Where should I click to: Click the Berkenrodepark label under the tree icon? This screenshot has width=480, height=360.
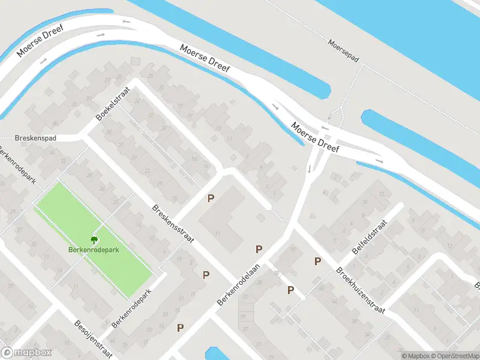pyautogui.click(x=93, y=250)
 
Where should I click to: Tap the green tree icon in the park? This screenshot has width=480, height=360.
pyautogui.click(x=93, y=239)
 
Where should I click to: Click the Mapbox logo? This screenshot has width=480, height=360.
pyautogui.click(x=26, y=353)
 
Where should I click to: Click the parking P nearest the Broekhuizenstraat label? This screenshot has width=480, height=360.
pyautogui.click(x=317, y=261)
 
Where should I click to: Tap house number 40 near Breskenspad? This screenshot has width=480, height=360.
pyautogui.click(x=55, y=124)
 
